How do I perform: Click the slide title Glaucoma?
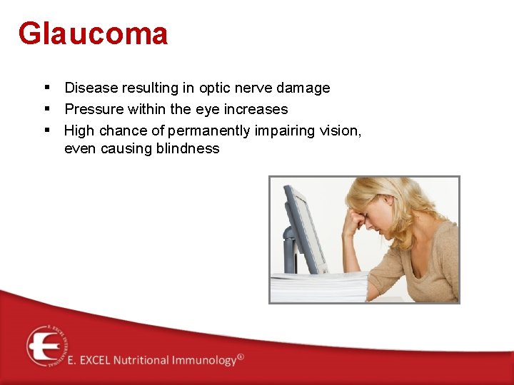point(93,34)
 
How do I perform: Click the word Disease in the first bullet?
point(91,88)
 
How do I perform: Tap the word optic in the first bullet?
point(216,88)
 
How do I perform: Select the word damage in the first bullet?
point(302,88)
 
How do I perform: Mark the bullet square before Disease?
point(46,88)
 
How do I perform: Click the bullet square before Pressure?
point(46,109)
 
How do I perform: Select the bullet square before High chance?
point(46,130)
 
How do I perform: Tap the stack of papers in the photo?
point(314,287)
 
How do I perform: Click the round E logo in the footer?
point(46,346)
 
